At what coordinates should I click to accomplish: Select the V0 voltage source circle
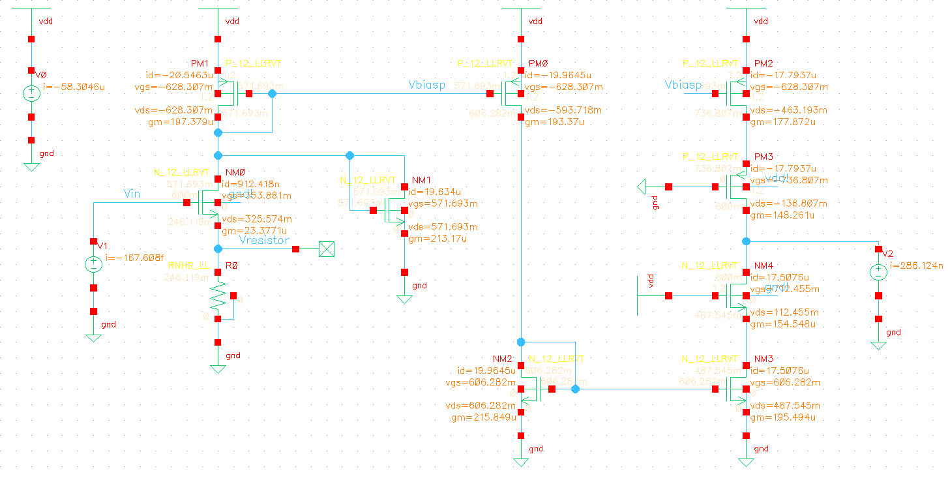(31, 93)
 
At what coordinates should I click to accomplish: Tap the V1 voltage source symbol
(93, 264)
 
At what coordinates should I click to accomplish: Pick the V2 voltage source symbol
(878, 272)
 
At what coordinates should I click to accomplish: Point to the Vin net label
(132, 193)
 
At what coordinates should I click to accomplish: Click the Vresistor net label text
(264, 240)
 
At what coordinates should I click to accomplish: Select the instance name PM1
(199, 63)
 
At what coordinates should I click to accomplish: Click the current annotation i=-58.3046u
(73, 86)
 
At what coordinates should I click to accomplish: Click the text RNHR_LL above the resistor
(188, 266)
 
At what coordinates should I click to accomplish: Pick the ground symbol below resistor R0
(218, 368)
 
